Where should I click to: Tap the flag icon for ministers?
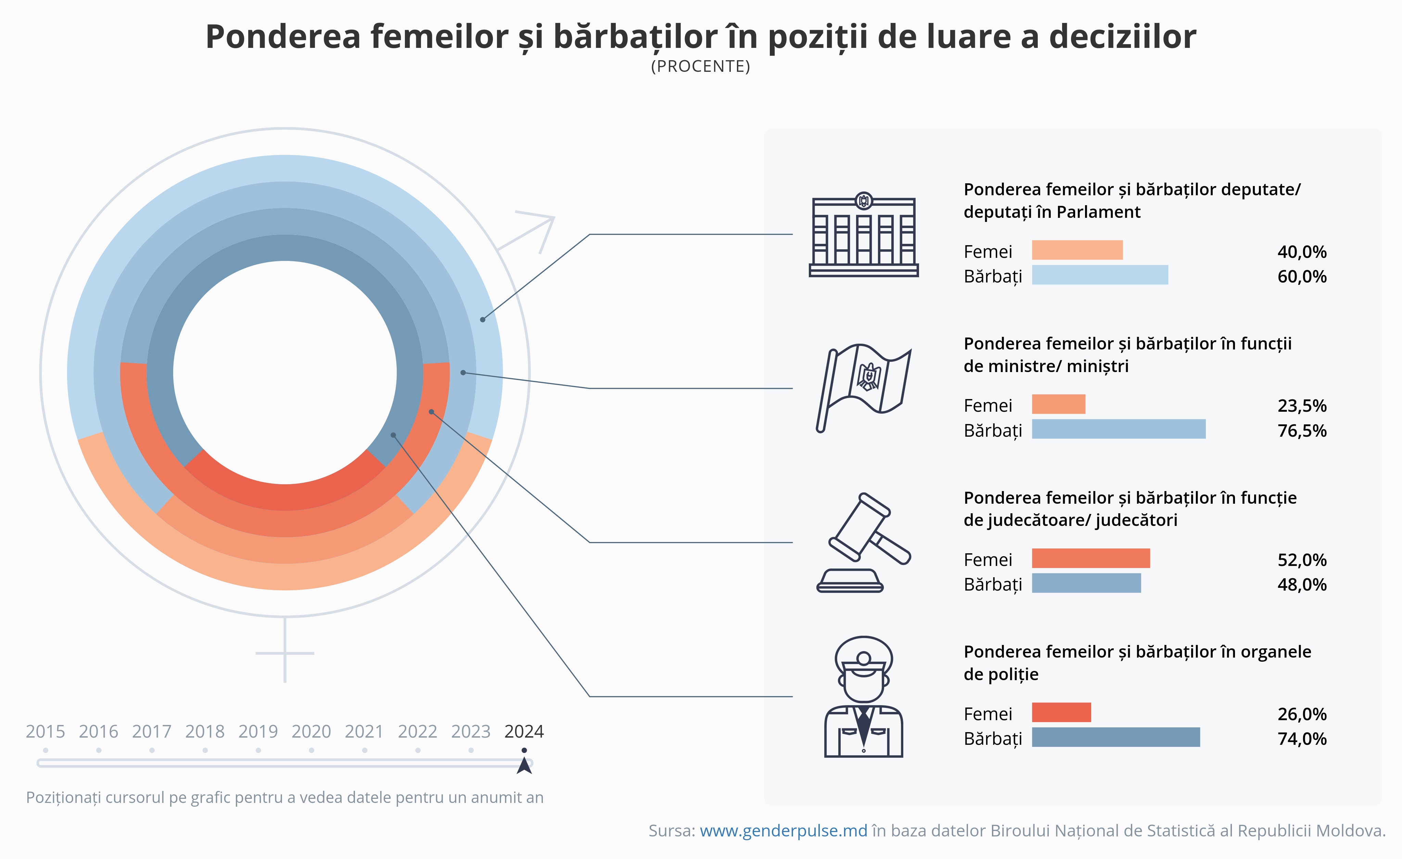tap(863, 388)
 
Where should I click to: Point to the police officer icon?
tap(863, 697)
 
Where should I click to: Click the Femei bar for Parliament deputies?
tap(1077, 250)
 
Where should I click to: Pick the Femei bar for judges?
tap(1091, 558)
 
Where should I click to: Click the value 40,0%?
tap(1302, 251)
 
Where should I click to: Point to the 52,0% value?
tap(1302, 560)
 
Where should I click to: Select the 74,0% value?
tap(1302, 739)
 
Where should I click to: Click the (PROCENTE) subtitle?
tap(700, 67)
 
